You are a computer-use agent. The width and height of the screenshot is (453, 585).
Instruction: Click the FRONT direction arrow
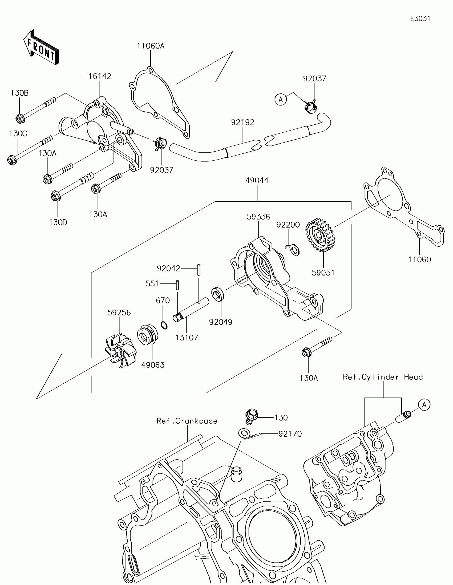click(x=41, y=47)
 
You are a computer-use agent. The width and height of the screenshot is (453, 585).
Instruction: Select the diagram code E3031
click(x=420, y=18)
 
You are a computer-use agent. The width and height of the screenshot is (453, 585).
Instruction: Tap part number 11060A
click(x=151, y=46)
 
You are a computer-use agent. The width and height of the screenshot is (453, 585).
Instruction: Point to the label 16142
click(x=100, y=76)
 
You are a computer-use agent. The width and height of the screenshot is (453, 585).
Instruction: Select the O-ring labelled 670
click(x=164, y=325)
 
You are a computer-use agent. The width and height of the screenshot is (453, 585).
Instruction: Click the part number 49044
click(x=257, y=181)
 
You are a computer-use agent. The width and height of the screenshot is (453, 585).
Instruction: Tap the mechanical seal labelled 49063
click(x=148, y=335)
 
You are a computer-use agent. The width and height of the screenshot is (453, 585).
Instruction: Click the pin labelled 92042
click(x=199, y=270)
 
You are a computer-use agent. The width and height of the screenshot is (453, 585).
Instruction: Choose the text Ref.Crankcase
click(x=187, y=421)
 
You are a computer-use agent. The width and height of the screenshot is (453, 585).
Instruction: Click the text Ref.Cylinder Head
click(x=383, y=377)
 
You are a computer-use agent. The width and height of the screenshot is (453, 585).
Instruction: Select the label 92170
click(x=290, y=434)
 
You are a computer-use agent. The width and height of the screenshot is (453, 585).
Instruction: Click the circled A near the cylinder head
click(x=424, y=404)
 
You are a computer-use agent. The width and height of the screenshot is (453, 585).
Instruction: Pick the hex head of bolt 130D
click(x=56, y=196)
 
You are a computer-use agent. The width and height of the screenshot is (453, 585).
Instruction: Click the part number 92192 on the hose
click(x=243, y=123)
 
